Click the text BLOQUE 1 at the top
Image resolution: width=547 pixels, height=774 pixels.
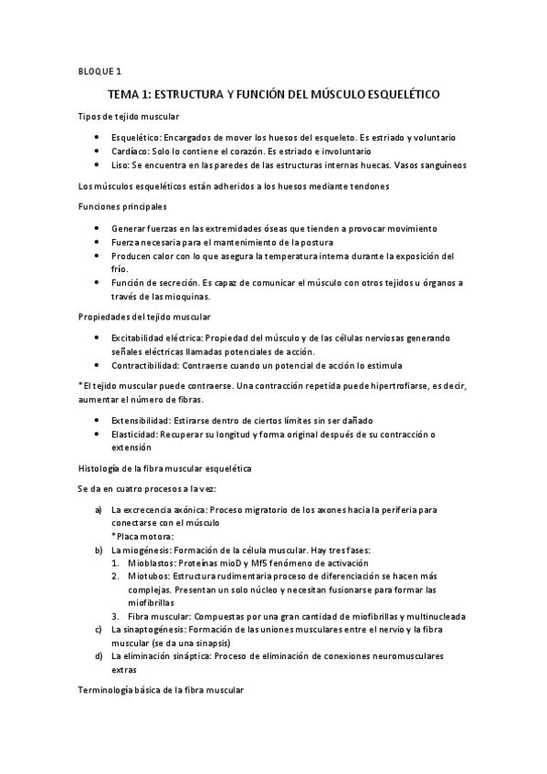coord(95,70)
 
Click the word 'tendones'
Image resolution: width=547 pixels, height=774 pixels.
coord(368,186)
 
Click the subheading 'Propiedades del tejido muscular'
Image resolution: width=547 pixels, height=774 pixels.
coord(144,316)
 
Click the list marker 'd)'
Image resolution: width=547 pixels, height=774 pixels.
coord(98,657)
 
